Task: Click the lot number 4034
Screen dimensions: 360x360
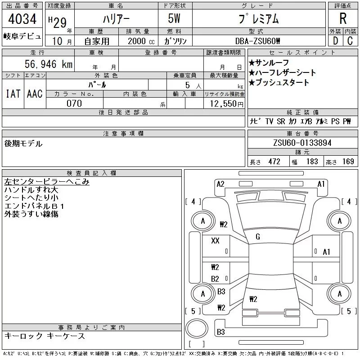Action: pyautogui.click(x=22, y=19)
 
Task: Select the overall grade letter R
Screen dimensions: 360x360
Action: pyautogui.click(x=343, y=18)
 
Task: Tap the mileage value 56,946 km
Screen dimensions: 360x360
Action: pyautogui.click(x=49, y=64)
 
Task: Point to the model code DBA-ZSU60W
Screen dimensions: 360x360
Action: pyautogui.click(x=258, y=41)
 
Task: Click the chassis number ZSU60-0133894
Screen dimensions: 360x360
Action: pyautogui.click(x=302, y=143)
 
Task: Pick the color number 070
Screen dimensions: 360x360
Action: pyautogui.click(x=74, y=103)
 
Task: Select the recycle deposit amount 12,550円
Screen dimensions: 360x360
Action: pyautogui.click(x=226, y=104)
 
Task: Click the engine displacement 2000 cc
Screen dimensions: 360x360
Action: pyautogui.click(x=141, y=41)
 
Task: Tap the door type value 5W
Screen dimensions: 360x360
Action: pyautogui.click(x=174, y=18)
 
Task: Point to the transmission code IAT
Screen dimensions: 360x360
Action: pyautogui.click(x=13, y=94)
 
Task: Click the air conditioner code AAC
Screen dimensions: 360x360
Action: pyautogui.click(x=35, y=94)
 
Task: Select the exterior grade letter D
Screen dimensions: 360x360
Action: pyautogui.click(x=335, y=41)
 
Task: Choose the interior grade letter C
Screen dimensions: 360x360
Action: pyautogui.click(x=350, y=41)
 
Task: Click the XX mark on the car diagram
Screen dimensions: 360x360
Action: pyautogui.click(x=215, y=240)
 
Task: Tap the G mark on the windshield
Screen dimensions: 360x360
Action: pyautogui.click(x=258, y=237)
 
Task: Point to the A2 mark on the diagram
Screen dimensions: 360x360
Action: pyautogui.click(x=220, y=184)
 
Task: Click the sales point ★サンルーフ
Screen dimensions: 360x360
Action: pyautogui.click(x=269, y=63)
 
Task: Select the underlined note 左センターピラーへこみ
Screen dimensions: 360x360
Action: pyautogui.click(x=47, y=182)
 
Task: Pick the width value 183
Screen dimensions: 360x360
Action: pyautogui.click(x=312, y=162)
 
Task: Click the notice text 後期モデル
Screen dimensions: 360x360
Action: pyautogui.click(x=23, y=144)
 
